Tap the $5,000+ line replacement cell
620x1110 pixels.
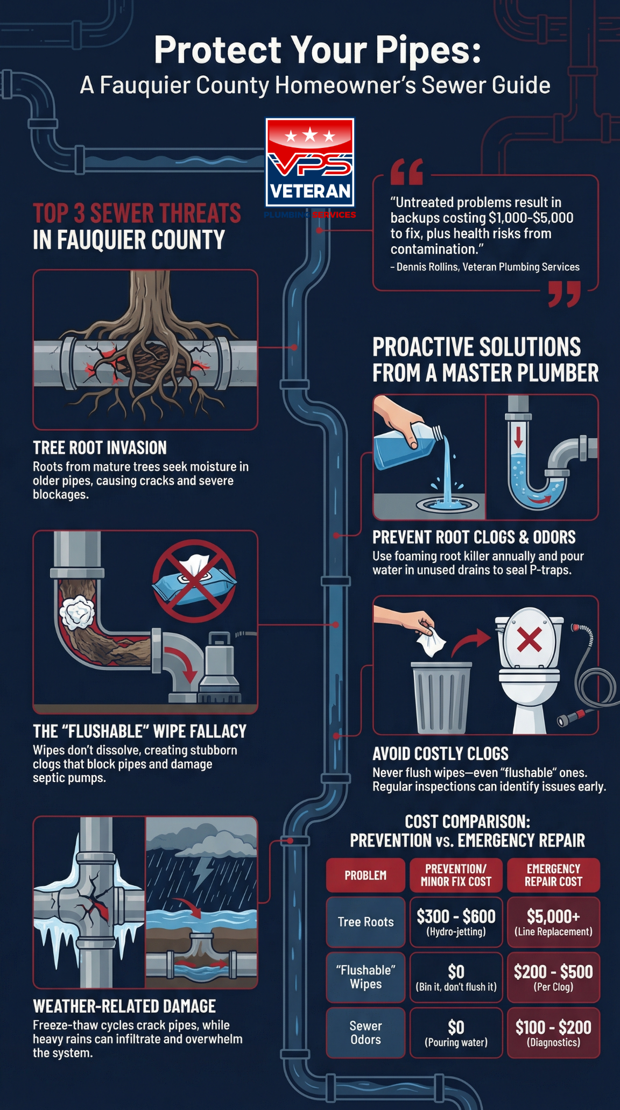click(553, 922)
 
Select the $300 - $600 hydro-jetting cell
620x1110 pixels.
click(456, 922)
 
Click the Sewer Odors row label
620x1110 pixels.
click(365, 1033)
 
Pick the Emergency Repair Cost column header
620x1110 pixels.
click(553, 875)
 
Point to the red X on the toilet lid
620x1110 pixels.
click(529, 639)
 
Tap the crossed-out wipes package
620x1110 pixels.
click(194, 581)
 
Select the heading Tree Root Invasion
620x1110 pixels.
click(100, 447)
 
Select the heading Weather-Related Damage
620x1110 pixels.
click(124, 1006)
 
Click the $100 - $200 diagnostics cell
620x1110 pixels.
click(553, 1033)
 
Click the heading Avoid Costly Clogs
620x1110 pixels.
click(440, 753)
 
